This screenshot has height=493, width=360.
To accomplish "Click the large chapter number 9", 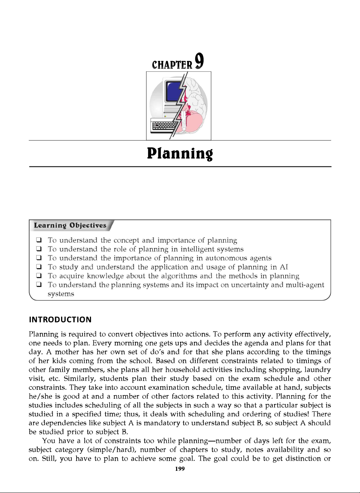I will (199, 61).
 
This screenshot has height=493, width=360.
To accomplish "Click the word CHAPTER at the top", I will (172, 65).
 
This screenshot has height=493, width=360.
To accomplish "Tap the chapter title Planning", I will (180, 153).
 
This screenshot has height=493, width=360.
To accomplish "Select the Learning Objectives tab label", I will (70, 225).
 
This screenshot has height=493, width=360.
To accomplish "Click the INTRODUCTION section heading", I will (60, 320).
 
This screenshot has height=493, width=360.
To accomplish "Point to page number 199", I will (180, 469).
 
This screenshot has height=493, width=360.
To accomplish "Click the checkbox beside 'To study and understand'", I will (38, 267).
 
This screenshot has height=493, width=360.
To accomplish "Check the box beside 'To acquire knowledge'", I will (38, 276).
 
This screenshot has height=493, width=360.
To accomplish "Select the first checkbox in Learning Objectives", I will (38, 240).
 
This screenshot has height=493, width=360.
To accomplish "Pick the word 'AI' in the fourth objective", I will (284, 267).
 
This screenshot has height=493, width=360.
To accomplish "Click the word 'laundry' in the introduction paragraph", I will (317, 370).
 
